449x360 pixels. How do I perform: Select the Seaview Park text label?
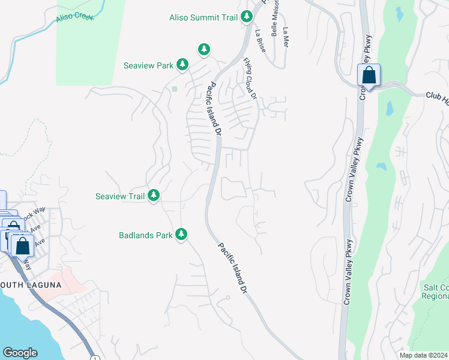pos(148,65)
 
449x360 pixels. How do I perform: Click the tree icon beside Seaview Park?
pos(182,65)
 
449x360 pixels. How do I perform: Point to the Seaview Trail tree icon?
pos(154,196)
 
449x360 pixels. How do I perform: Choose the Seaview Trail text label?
pos(121,196)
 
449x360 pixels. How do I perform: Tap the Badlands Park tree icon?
pos(182,235)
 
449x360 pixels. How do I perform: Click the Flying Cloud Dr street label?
pos(250,78)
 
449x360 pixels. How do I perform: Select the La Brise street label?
pos(260,40)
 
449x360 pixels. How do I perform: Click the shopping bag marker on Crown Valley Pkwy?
pos(369,76)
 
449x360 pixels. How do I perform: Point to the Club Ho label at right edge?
pos(437,96)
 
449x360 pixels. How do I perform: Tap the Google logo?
pos(20,353)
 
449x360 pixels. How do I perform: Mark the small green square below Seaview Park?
pos(175,89)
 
